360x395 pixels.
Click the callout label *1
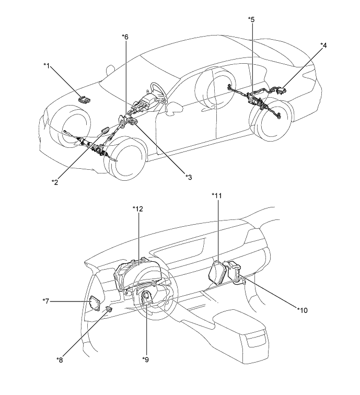47,66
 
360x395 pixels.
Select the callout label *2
55,182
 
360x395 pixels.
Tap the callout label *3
189,177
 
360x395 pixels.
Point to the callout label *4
323,45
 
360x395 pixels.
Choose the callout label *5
251,19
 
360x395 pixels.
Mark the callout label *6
125,37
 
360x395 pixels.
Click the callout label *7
46,301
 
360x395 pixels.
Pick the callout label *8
60,360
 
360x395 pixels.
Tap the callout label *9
146,359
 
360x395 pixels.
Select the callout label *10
303,310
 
